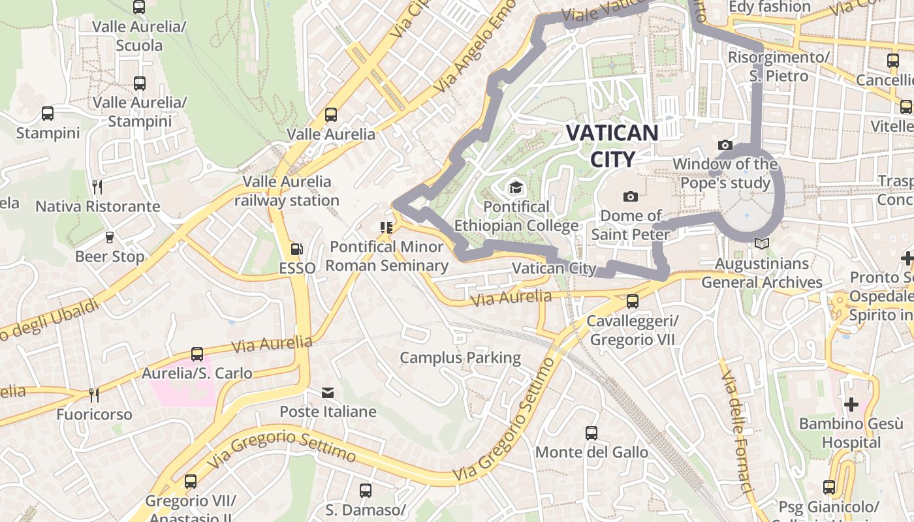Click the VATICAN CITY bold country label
click(x=612, y=146)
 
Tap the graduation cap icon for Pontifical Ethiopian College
click(x=516, y=188)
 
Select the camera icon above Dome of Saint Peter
click(x=631, y=196)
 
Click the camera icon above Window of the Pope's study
click(x=725, y=145)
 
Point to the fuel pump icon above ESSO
click(x=296, y=249)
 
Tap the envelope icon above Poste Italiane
click(x=328, y=393)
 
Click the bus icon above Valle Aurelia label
click(x=331, y=115)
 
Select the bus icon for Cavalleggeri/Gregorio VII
click(x=632, y=301)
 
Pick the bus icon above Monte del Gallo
click(x=591, y=433)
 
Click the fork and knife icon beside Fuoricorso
click(x=94, y=395)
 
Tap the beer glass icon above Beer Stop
click(x=110, y=237)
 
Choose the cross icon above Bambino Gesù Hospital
click(x=851, y=405)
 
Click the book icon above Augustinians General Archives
click(x=761, y=244)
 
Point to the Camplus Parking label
click(x=460, y=358)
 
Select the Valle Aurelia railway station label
click(x=287, y=191)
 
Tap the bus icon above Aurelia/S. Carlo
click(x=197, y=354)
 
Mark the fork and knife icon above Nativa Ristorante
click(x=97, y=187)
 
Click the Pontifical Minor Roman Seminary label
click(x=386, y=256)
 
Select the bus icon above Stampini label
click(x=48, y=114)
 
